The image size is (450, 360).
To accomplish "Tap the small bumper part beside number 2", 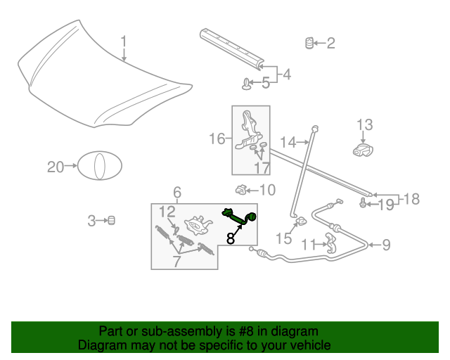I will click(308, 43).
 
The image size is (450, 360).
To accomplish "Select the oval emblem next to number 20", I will click(99, 167).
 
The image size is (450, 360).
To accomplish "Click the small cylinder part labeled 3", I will click(111, 221).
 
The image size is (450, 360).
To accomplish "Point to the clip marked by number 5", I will click(247, 84).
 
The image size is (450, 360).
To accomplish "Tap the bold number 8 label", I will click(231, 238).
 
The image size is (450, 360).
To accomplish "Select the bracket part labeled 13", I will click(363, 148).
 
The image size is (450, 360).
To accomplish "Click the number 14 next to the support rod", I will click(288, 143).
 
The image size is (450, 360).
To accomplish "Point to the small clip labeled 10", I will click(240, 189).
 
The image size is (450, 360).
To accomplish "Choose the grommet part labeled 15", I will click(300, 223).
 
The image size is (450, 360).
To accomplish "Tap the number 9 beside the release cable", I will click(386, 245).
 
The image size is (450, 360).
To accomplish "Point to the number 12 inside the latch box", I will click(167, 212).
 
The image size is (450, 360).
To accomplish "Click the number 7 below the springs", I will click(177, 262).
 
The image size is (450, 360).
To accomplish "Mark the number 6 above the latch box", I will click(177, 192).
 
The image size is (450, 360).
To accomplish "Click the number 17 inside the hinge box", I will click(262, 168).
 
